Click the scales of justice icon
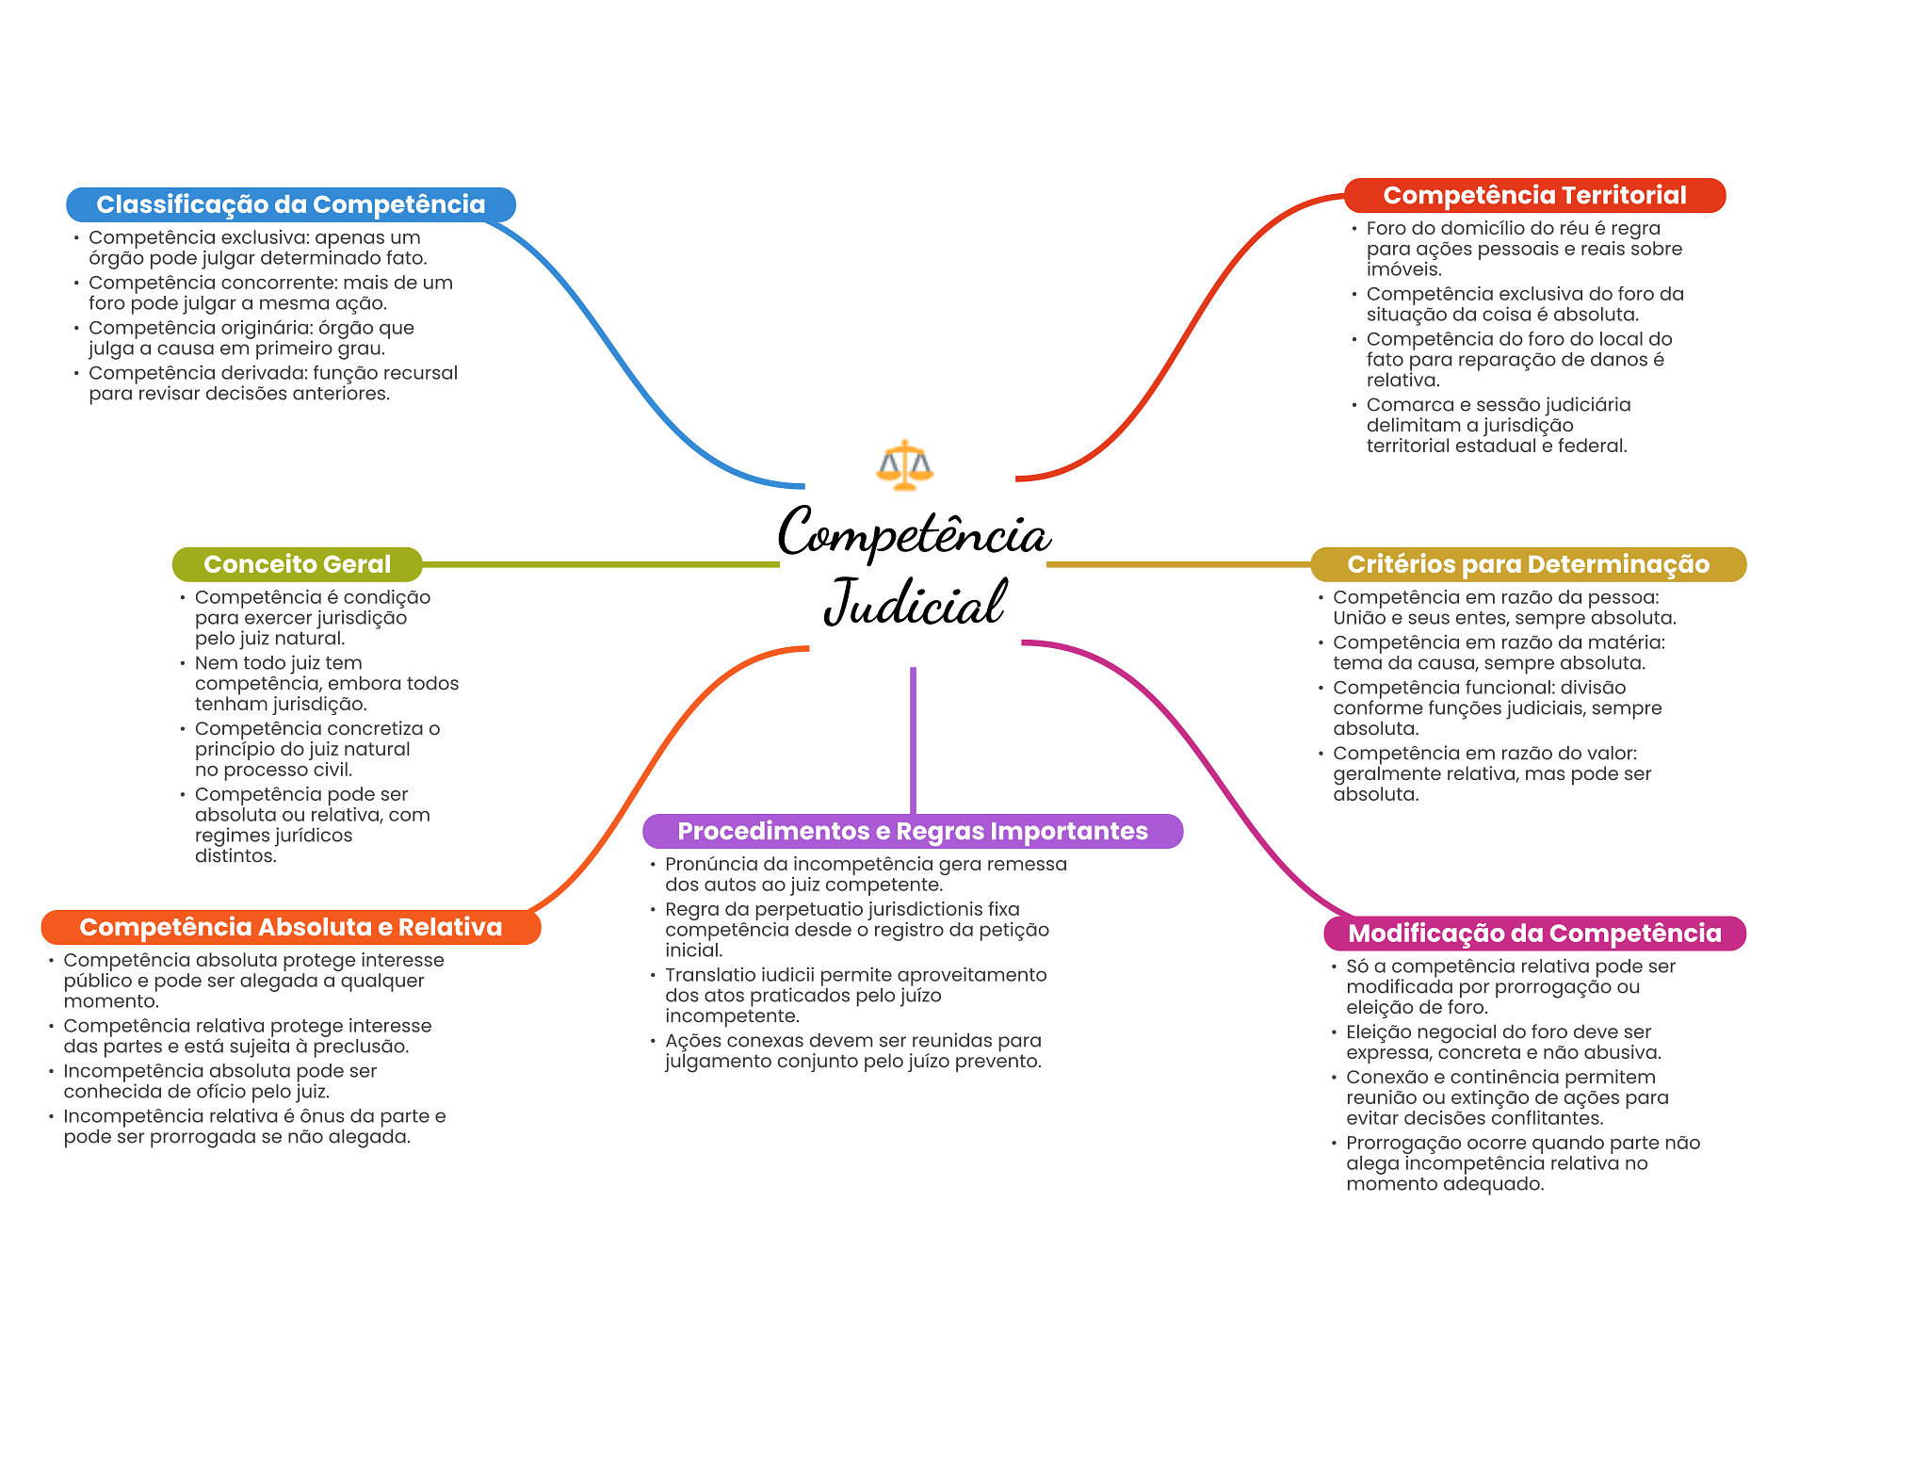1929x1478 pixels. (x=904, y=464)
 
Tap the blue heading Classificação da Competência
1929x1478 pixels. (x=290, y=204)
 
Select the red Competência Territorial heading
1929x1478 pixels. (x=1534, y=195)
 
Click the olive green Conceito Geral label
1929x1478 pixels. (x=297, y=564)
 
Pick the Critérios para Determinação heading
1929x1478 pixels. (x=1528, y=564)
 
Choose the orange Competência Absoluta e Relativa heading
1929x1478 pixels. (x=290, y=927)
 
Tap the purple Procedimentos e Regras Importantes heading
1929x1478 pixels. (x=912, y=831)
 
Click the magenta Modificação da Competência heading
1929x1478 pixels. (x=1534, y=933)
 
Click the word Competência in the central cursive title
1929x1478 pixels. (x=914, y=534)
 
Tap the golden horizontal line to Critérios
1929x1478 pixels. (x=1177, y=564)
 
